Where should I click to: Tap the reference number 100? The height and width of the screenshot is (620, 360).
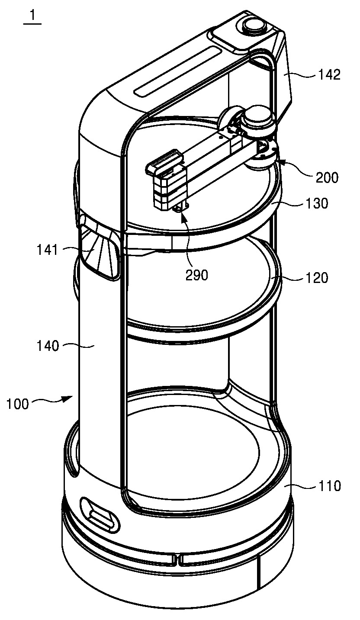click(x=18, y=404)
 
